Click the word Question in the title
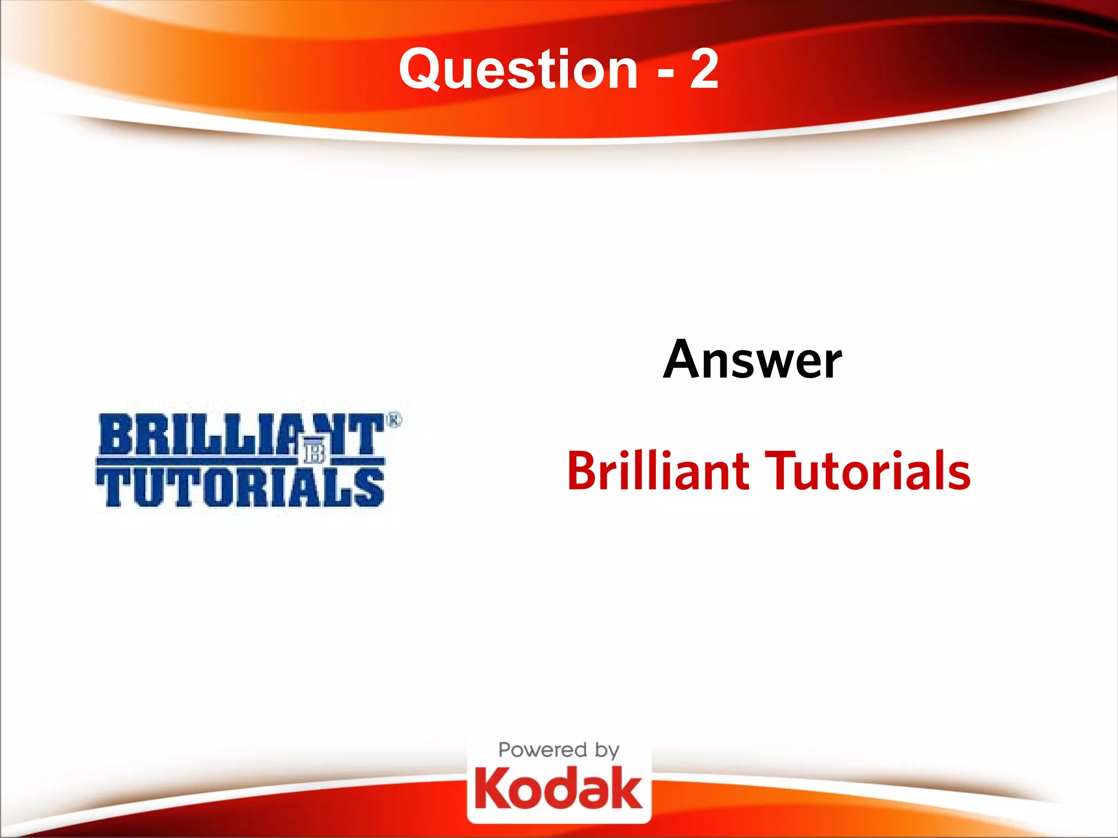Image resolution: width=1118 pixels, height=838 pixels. [518, 69]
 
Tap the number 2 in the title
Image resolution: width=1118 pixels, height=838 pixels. [704, 69]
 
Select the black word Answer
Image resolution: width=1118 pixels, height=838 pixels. [752, 360]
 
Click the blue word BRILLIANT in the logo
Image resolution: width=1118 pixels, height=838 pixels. [240, 435]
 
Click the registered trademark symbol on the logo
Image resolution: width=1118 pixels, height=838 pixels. [394, 420]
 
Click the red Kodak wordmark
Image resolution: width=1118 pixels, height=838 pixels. [558, 789]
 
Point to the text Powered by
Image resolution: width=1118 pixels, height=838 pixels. [558, 751]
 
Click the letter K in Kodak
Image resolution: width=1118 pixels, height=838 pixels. [490, 789]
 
